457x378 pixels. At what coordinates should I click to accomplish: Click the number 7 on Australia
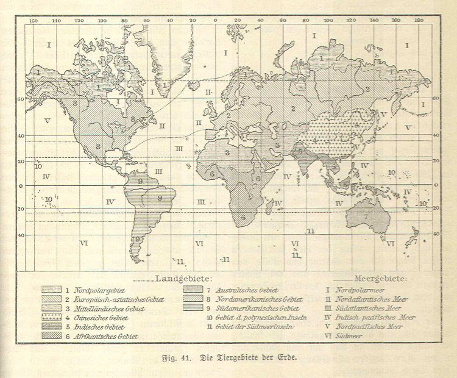[366, 216]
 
